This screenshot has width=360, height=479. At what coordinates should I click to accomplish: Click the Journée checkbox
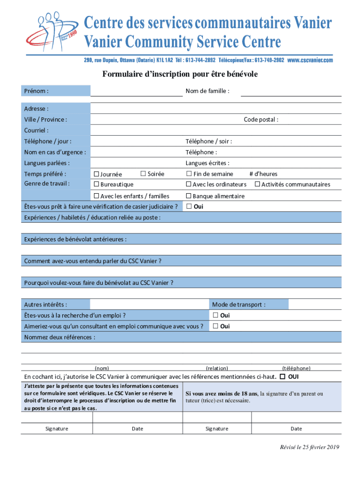(97, 174)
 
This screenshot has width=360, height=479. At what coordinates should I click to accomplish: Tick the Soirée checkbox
(144, 174)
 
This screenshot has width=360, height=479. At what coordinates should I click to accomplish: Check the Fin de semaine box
(189, 174)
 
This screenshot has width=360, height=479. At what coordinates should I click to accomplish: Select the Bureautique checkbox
(97, 184)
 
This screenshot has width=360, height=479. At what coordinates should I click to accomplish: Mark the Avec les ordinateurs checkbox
(189, 184)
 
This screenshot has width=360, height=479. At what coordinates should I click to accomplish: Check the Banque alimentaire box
(189, 196)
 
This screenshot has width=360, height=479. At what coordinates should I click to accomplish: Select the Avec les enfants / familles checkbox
(97, 196)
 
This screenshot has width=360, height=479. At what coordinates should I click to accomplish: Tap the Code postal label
(261, 120)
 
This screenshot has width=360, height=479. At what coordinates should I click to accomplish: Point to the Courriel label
(36, 131)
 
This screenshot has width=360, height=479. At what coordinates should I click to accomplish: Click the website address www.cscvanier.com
(310, 60)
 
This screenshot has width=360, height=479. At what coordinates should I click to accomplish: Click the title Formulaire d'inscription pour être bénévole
(180, 74)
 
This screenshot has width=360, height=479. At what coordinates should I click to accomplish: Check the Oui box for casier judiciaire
(189, 206)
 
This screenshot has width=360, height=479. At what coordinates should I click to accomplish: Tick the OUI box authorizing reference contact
(282, 377)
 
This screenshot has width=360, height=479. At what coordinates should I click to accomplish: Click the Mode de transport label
(238, 305)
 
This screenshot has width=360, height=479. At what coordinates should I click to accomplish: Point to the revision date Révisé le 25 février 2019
(307, 448)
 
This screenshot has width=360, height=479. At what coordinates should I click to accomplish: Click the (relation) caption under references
(217, 368)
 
